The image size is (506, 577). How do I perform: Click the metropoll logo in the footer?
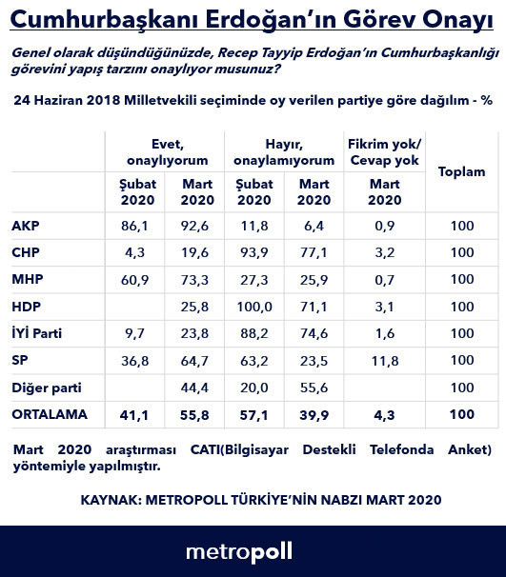[x=238, y=551]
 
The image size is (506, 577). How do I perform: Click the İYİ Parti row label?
[x=37, y=333]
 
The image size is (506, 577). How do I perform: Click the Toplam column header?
[x=461, y=171]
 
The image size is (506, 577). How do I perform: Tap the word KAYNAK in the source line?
[x=111, y=499]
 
